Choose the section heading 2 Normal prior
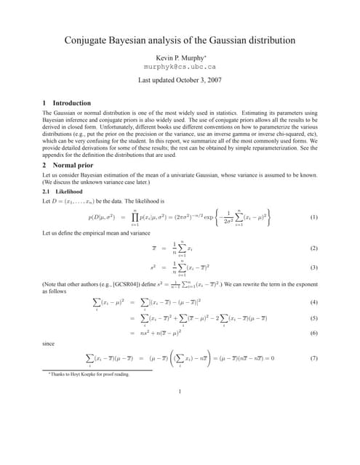click(x=68, y=166)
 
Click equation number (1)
click(x=313, y=217)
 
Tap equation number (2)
click(x=313, y=248)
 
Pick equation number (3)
click(x=313, y=267)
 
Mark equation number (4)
click(x=313, y=302)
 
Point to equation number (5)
click(x=313, y=318)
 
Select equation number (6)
click(x=313, y=332)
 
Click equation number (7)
click(x=313, y=357)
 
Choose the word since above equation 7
click(x=49, y=343)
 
